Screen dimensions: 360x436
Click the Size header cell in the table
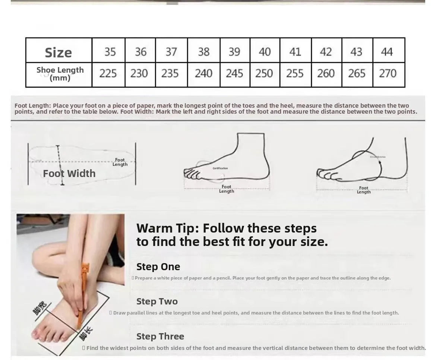[58, 52]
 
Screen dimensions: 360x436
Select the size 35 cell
[110, 51]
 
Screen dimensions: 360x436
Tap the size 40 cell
[265, 51]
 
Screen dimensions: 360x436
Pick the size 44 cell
[387, 51]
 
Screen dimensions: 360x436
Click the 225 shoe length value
[108, 73]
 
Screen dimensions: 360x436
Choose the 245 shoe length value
[234, 73]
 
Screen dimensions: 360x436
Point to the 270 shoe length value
[388, 73]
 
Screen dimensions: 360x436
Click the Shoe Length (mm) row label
[60, 74]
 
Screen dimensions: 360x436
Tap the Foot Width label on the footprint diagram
[69, 173]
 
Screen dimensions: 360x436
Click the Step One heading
[158, 267]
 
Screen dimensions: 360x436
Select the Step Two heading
[157, 301]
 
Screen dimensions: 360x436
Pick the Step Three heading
[160, 337]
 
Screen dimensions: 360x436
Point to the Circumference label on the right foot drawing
[377, 157]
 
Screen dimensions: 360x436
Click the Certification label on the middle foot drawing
[220, 168]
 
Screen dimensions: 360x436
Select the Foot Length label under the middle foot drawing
[226, 189]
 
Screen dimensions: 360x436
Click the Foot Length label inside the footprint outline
[120, 162]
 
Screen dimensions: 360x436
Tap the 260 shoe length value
[326, 73]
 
